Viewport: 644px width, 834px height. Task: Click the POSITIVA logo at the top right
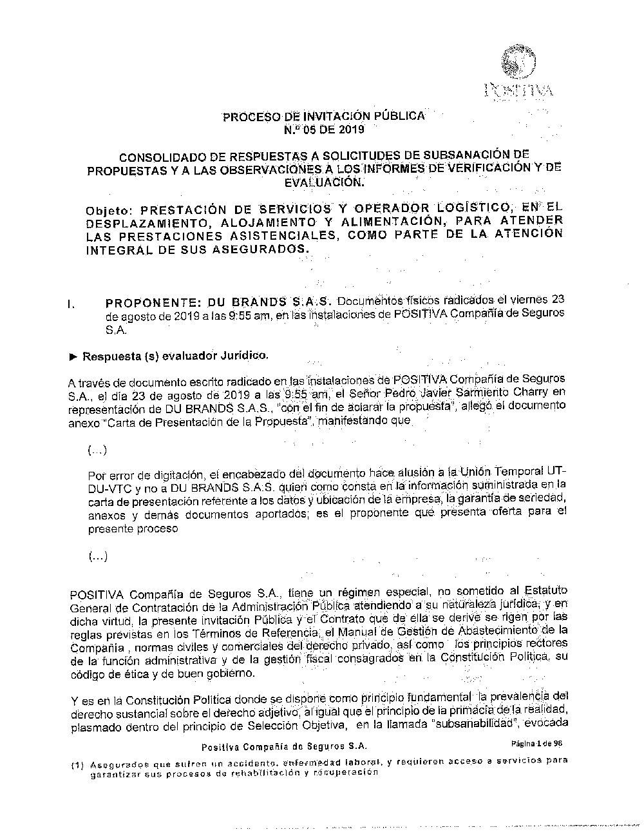(518, 72)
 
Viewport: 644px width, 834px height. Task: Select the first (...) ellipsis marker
(98, 449)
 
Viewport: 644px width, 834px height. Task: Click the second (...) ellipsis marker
(98, 556)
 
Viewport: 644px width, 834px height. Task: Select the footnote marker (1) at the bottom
(77, 764)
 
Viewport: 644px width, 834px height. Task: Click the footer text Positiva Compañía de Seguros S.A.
(284, 746)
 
